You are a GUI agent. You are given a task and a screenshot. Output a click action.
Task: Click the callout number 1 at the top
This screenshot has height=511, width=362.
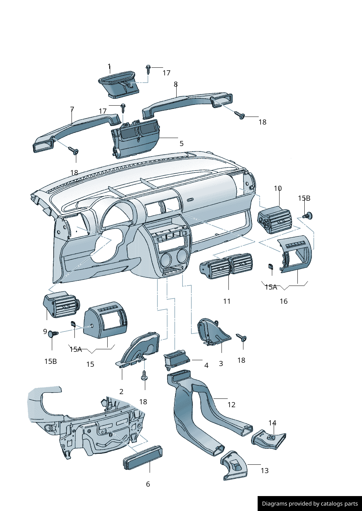tap(109, 67)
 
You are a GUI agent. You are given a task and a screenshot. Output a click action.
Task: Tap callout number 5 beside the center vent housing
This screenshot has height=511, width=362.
tap(181, 144)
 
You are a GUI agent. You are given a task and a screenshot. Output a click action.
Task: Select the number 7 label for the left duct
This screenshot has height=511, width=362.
tap(72, 109)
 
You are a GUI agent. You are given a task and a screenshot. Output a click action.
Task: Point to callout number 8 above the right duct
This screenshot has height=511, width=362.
tap(176, 84)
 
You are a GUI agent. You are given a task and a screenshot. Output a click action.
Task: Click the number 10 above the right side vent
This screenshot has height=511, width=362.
tap(278, 188)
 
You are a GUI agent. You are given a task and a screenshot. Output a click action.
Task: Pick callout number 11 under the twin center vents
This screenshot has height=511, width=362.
tap(227, 301)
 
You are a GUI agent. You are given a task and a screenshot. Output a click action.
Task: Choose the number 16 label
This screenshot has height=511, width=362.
tap(284, 301)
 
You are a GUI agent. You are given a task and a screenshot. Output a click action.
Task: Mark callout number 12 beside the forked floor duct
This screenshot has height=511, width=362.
tap(231, 405)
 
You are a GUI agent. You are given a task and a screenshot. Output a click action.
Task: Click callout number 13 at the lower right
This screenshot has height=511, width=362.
tap(265, 471)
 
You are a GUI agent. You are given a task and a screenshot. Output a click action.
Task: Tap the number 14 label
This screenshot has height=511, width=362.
tap(272, 423)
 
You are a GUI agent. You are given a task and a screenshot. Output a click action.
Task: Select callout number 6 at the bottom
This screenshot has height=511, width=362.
tap(148, 484)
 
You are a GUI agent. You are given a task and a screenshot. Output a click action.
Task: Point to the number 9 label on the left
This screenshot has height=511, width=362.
tap(45, 331)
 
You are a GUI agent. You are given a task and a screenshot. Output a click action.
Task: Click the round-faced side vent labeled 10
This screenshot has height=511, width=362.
tap(274, 220)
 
